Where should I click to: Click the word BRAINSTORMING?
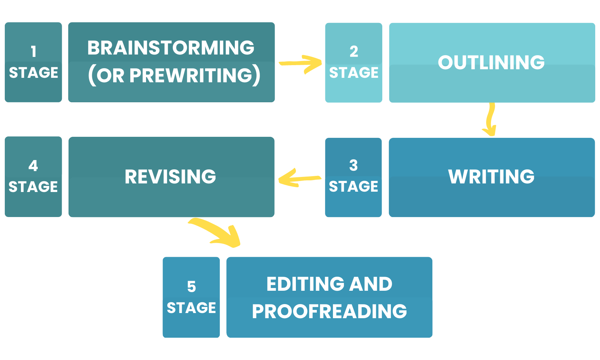[x=171, y=48]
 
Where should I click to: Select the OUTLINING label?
[x=491, y=62]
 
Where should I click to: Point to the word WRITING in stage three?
[x=491, y=177]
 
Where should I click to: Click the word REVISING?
[x=170, y=177]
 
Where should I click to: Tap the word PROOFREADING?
[x=329, y=311]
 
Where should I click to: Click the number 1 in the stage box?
[x=33, y=52]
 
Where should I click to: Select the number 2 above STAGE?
[x=354, y=52]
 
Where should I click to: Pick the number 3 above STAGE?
[x=353, y=166]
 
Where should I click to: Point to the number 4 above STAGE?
[x=33, y=166]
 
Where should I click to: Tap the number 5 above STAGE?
[x=191, y=287]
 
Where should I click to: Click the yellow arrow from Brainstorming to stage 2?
[x=301, y=64]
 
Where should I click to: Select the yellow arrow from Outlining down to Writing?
[x=491, y=120]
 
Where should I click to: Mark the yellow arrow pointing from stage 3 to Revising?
[x=298, y=178]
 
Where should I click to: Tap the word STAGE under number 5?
[x=191, y=308]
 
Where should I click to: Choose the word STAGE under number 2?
[x=354, y=73]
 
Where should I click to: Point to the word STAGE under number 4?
[x=33, y=187]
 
